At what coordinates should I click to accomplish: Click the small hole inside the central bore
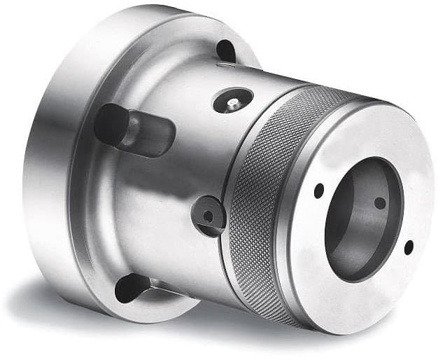379,202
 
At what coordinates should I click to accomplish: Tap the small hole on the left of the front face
318,190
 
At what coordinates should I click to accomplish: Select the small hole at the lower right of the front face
409,247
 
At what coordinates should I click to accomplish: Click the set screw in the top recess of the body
232,103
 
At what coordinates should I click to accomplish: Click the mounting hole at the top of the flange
225,50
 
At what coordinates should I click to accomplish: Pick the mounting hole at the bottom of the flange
133,287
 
